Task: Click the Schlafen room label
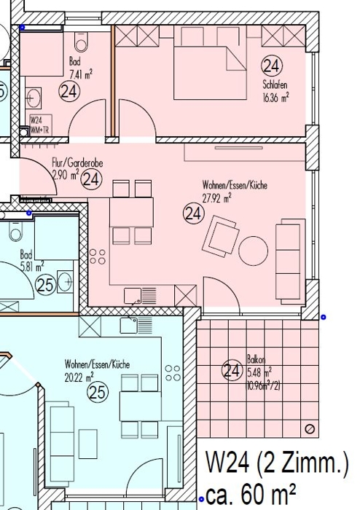[275, 85]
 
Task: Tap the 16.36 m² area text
[275, 98]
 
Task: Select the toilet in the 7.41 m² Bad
[81, 42]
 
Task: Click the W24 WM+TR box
[41, 125]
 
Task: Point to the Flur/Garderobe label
[77, 162]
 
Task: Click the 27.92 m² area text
[216, 198]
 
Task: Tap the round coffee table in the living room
[254, 251]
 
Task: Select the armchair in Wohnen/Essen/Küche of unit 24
[221, 236]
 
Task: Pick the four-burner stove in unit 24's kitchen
[98, 256]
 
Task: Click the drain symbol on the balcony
[310, 429]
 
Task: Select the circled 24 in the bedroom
[272, 66]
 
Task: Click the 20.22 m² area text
[79, 377]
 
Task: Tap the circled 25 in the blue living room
[98, 392]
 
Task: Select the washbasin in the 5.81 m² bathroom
[65, 281]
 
